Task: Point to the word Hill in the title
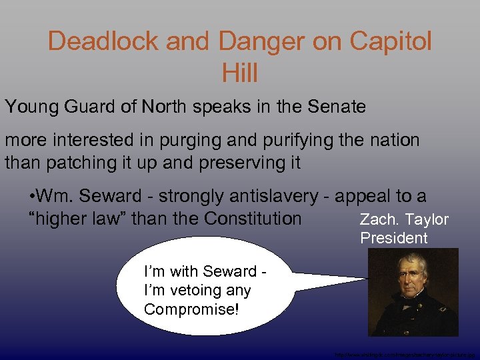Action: [x=239, y=73]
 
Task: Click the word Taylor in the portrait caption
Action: [x=427, y=220]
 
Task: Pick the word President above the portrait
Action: [x=394, y=238]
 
